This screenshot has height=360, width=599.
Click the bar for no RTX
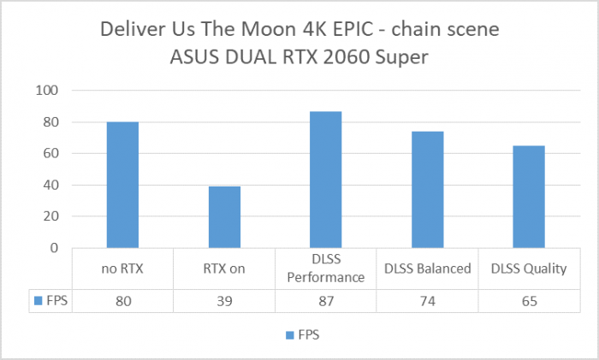[x=122, y=185]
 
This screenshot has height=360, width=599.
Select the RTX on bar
[x=224, y=217]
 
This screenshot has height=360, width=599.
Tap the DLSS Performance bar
[x=326, y=180]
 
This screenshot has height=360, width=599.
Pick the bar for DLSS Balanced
[x=428, y=190]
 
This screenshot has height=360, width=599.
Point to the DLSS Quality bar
[x=529, y=197]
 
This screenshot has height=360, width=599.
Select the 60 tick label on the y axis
[x=50, y=154]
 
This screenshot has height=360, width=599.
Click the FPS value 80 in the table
[x=122, y=300]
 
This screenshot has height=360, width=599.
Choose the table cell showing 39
[x=224, y=300]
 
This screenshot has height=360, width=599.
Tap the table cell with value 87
[x=326, y=300]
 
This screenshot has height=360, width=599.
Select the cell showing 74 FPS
[x=428, y=300]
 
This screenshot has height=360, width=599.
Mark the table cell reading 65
[x=529, y=300]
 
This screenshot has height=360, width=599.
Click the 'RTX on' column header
[x=224, y=269]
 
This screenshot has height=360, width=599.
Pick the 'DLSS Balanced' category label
[x=428, y=269]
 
